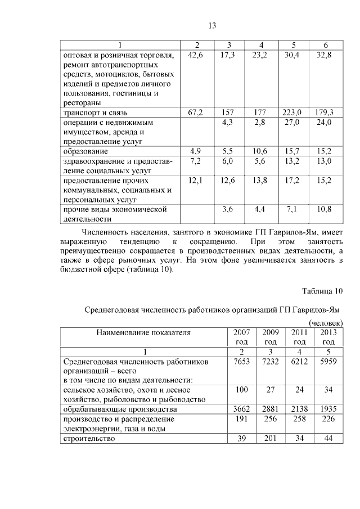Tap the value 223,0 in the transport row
pyautogui.click(x=292, y=112)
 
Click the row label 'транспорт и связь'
pyautogui.click(x=98, y=112)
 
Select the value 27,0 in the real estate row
pyautogui.click(x=292, y=122)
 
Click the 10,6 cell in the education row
pyautogui.click(x=260, y=151)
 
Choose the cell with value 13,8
pyautogui.click(x=260, y=180)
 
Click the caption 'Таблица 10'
pyautogui.click(x=322, y=291)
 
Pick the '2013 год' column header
pyautogui.click(x=328, y=337)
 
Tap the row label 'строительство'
pyautogui.click(x=90, y=439)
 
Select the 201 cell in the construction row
pyautogui.click(x=270, y=439)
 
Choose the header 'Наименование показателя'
pyautogui.click(x=144, y=332)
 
